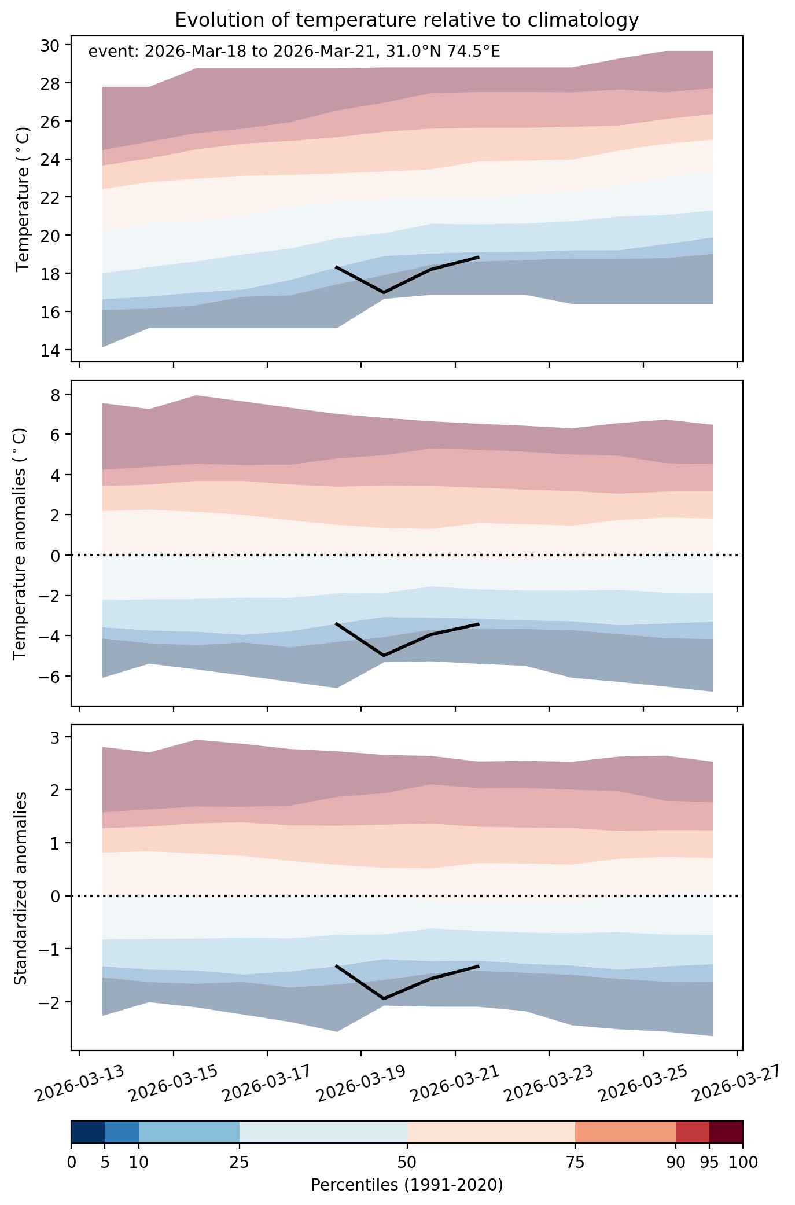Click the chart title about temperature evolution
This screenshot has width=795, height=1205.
407,20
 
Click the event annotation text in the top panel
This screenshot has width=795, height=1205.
294,52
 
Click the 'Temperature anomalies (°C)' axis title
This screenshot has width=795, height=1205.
20,543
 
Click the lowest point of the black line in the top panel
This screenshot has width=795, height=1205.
384,292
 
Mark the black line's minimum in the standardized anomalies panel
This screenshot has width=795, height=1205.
384,998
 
